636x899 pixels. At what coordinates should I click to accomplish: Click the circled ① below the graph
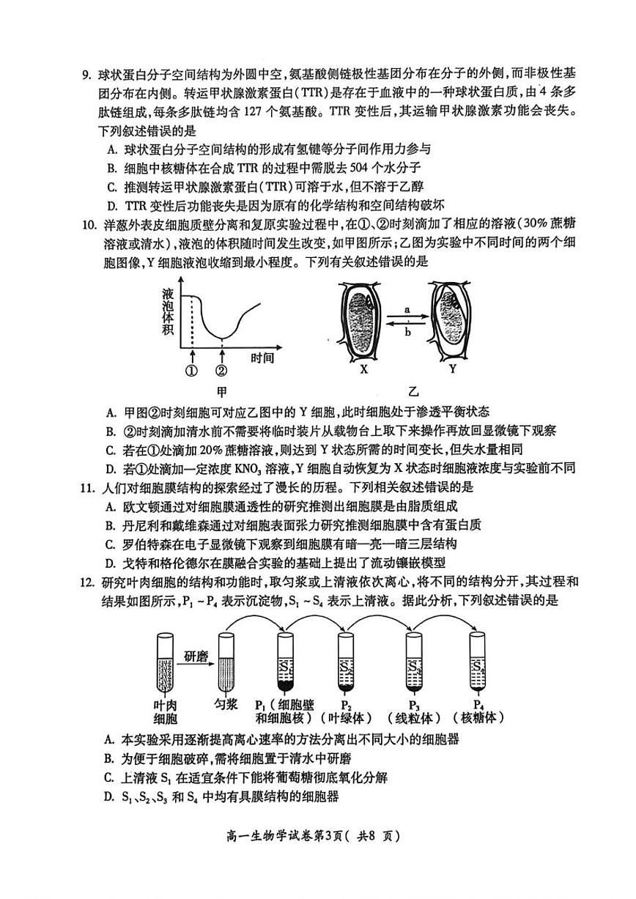[x=192, y=370]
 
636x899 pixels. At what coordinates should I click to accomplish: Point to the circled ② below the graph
[x=222, y=370]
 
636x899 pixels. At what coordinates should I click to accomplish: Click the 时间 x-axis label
[x=262, y=358]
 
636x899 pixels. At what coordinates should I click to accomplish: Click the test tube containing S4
[x=478, y=662]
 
